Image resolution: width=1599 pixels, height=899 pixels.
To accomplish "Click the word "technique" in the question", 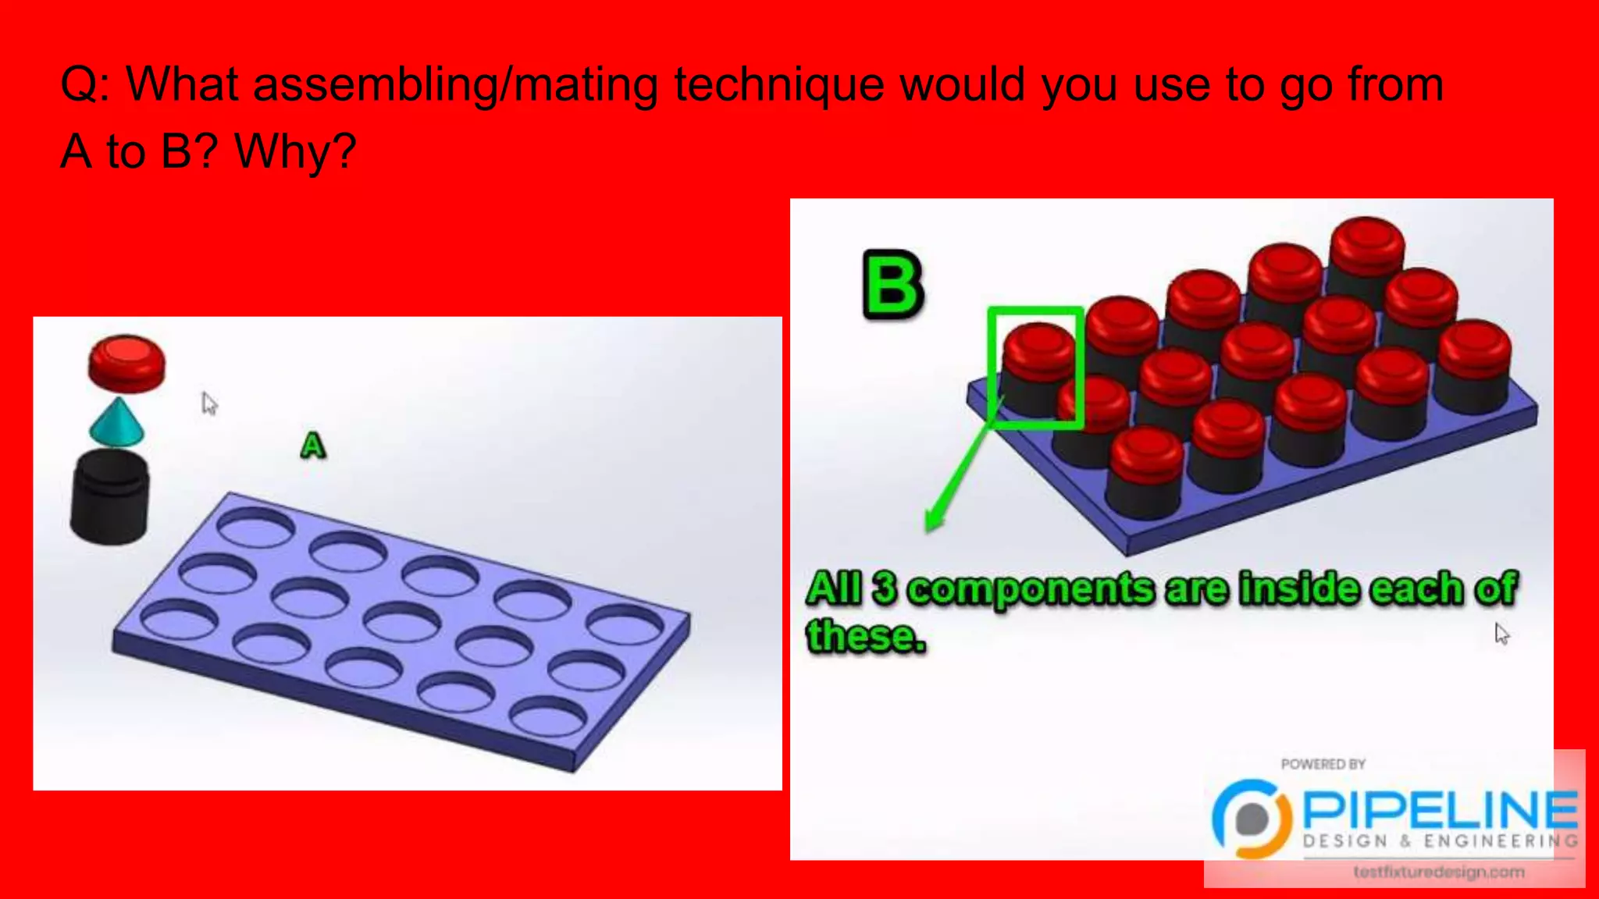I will tap(778, 84).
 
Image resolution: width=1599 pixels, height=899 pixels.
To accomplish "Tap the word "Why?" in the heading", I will tap(295, 151).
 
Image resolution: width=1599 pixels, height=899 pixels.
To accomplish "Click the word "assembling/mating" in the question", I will tap(455, 84).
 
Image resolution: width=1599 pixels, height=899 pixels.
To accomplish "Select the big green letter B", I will tap(892, 285).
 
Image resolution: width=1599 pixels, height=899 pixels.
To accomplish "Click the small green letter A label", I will tap(312, 446).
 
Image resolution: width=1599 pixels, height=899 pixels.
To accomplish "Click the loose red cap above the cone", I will tap(126, 363).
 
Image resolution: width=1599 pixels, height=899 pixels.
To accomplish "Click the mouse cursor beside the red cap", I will tap(208, 403).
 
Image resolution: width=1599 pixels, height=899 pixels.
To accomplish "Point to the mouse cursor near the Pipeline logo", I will tap(1501, 634).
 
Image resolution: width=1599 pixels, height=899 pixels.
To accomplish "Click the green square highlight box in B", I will tap(1035, 368).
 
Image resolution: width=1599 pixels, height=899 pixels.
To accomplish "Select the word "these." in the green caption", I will tap(865, 635).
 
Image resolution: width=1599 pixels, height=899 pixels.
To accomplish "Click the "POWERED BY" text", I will tap(1323, 764).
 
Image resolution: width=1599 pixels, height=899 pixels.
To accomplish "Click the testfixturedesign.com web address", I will tap(1438, 872).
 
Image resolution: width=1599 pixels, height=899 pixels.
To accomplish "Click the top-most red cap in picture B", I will tap(1366, 239).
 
